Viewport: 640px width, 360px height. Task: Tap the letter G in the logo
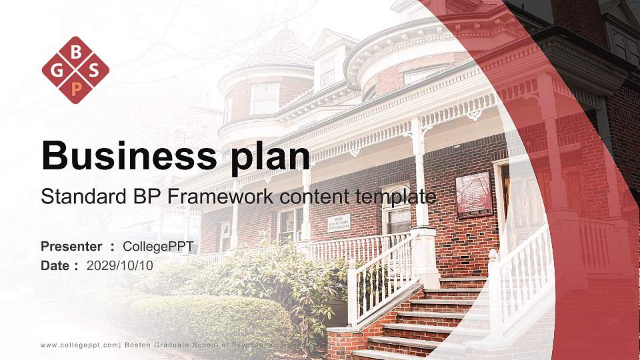point(59,70)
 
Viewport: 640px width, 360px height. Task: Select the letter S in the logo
point(93,70)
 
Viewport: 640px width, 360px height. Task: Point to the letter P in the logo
point(75,87)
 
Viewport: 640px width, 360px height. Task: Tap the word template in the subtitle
point(399,197)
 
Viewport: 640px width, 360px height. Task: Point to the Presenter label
point(71,247)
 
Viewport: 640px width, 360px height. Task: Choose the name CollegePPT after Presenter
point(158,247)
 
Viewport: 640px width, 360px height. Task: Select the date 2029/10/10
point(120,265)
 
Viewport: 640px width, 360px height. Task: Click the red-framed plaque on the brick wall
point(473,194)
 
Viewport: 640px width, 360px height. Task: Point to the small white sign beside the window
point(339,223)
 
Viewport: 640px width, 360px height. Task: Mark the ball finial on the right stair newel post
point(493,254)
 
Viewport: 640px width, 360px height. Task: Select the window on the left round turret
point(265,99)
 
